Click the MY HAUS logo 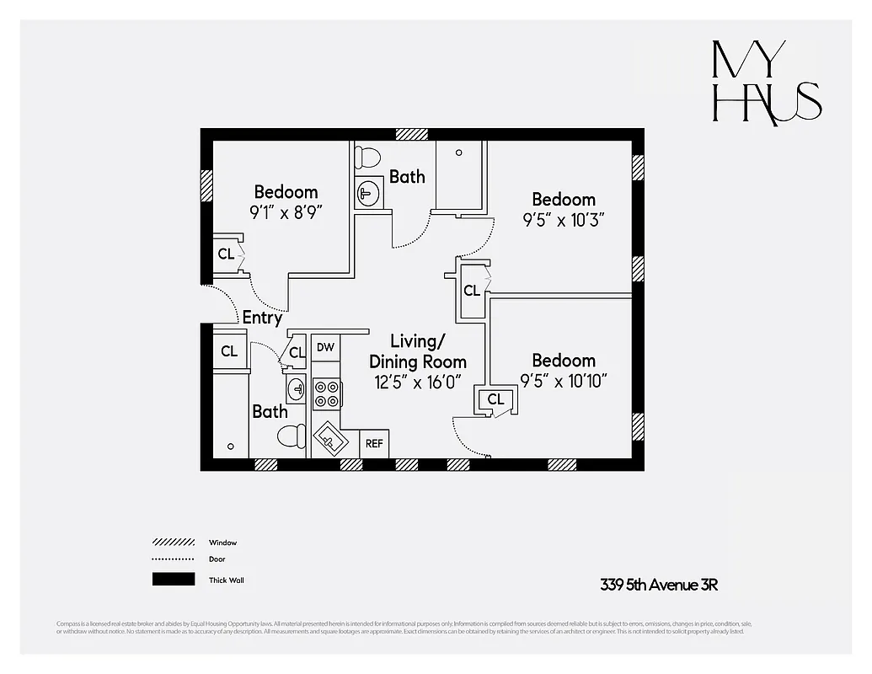pos(766,81)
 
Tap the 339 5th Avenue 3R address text pos(658,583)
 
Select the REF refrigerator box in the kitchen pos(374,443)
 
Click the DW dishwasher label pos(324,347)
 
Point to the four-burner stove pos(326,392)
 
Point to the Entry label pos(262,318)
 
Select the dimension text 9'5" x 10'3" pos(564,220)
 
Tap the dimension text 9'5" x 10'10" pos(564,381)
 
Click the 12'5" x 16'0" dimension pos(418,382)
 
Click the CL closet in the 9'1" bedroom pos(226,254)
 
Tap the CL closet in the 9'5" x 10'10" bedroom pos(495,399)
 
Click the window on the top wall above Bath pos(412,134)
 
